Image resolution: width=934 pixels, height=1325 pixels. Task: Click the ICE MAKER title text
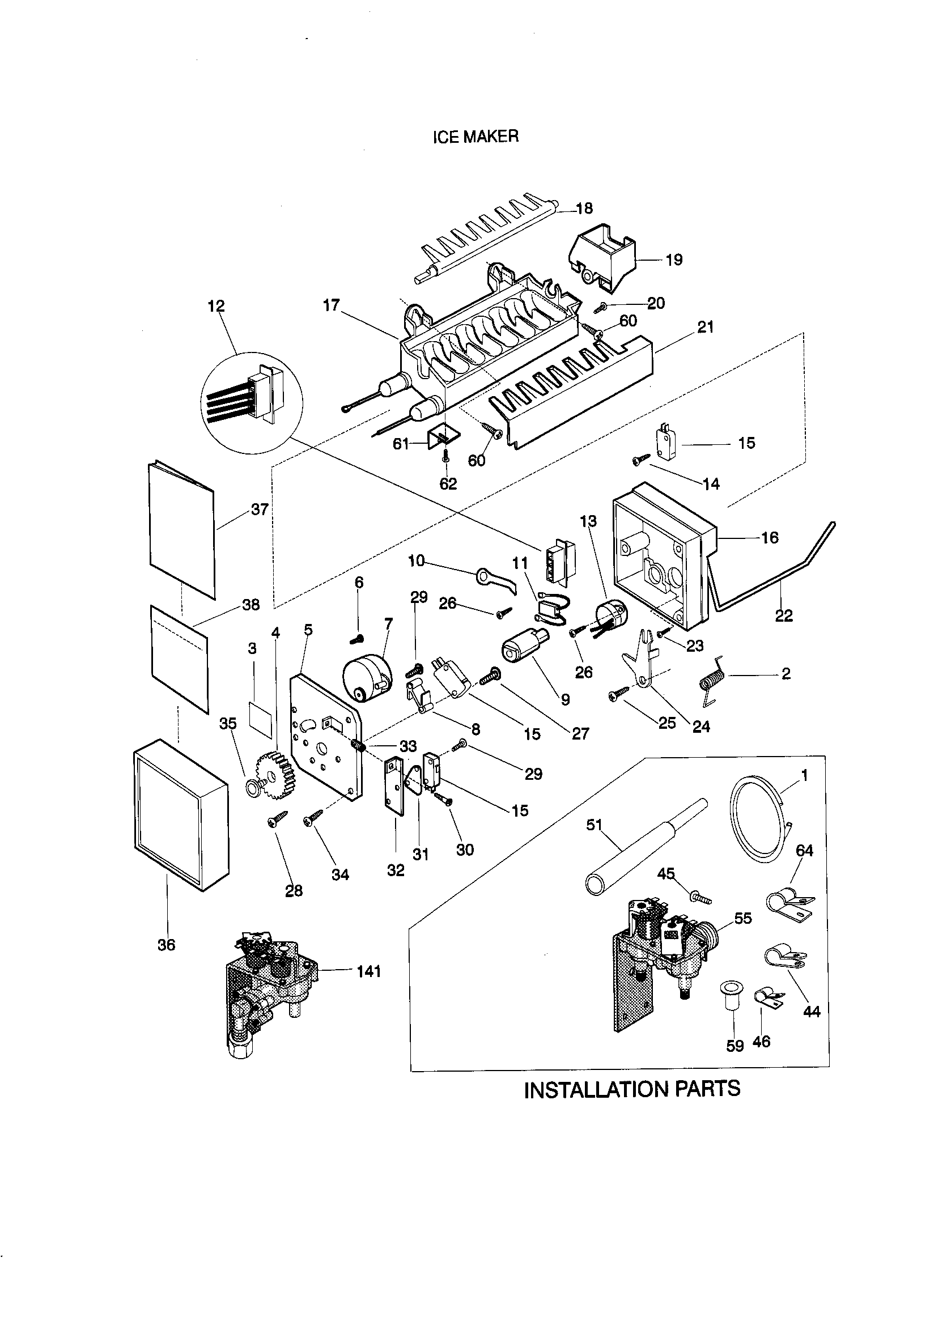tap(475, 136)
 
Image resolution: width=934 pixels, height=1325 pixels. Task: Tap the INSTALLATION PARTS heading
tap(631, 1090)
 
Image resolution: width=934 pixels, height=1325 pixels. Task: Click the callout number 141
tap(368, 971)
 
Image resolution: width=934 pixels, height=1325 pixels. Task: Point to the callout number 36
tap(166, 945)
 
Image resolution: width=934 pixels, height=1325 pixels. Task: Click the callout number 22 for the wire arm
tap(783, 615)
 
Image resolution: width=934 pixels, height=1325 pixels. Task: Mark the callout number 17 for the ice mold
tap(332, 305)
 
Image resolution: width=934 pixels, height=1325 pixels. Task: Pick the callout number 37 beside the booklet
tap(260, 509)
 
